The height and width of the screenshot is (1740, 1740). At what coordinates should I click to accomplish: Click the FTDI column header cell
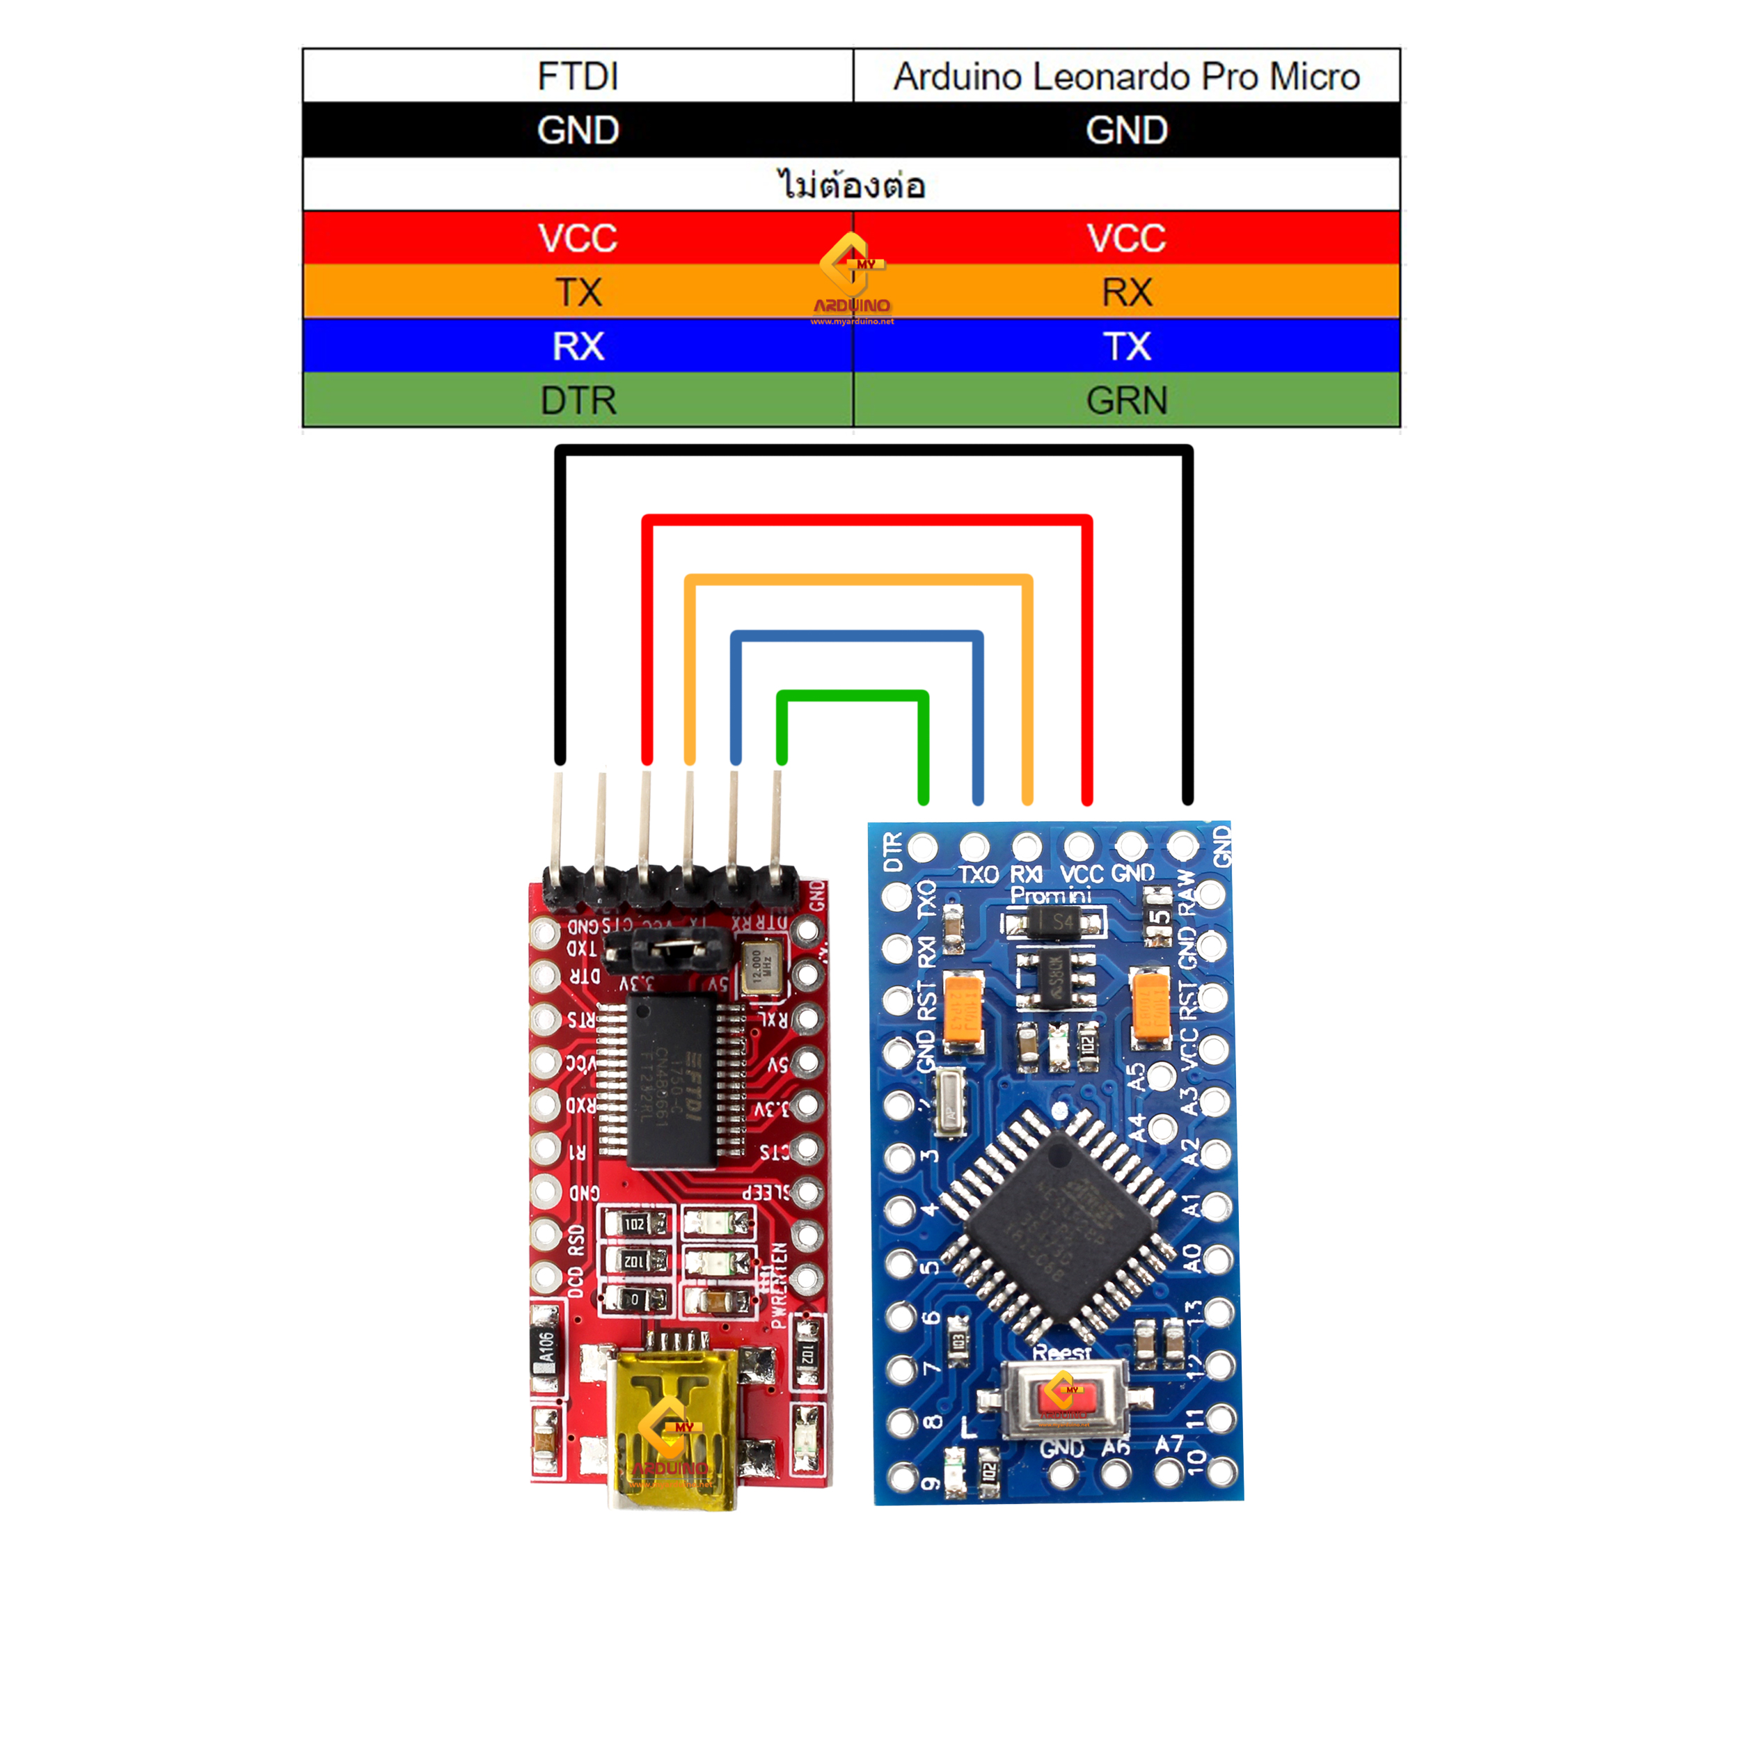[577, 77]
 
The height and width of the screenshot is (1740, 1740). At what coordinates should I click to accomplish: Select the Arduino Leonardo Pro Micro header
[1125, 77]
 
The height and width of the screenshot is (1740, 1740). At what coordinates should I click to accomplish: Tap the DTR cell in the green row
[577, 401]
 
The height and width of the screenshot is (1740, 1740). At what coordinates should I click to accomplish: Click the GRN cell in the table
[1125, 401]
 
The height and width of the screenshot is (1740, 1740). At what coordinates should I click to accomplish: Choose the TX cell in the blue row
[1125, 347]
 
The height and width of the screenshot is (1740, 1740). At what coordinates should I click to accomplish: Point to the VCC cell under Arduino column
[1125, 239]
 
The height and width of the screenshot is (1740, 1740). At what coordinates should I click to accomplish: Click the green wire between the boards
[852, 695]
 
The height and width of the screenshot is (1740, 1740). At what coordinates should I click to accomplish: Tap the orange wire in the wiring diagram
[858, 579]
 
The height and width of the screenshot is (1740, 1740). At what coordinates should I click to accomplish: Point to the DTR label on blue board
[892, 851]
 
